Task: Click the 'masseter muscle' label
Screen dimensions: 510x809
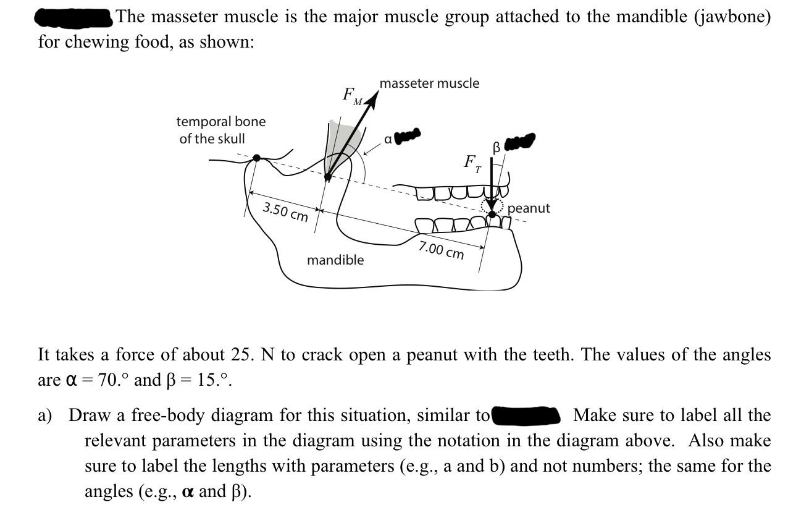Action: (429, 83)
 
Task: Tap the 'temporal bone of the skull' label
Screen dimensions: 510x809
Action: (220, 130)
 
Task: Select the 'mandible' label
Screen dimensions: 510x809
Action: (335, 260)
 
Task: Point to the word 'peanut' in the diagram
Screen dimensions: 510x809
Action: (529, 208)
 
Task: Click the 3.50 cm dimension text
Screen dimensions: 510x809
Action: (285, 211)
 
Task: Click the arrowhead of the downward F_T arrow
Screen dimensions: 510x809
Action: (492, 205)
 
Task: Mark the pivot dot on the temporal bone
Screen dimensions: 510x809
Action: (257, 159)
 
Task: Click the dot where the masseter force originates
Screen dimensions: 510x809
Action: (328, 176)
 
